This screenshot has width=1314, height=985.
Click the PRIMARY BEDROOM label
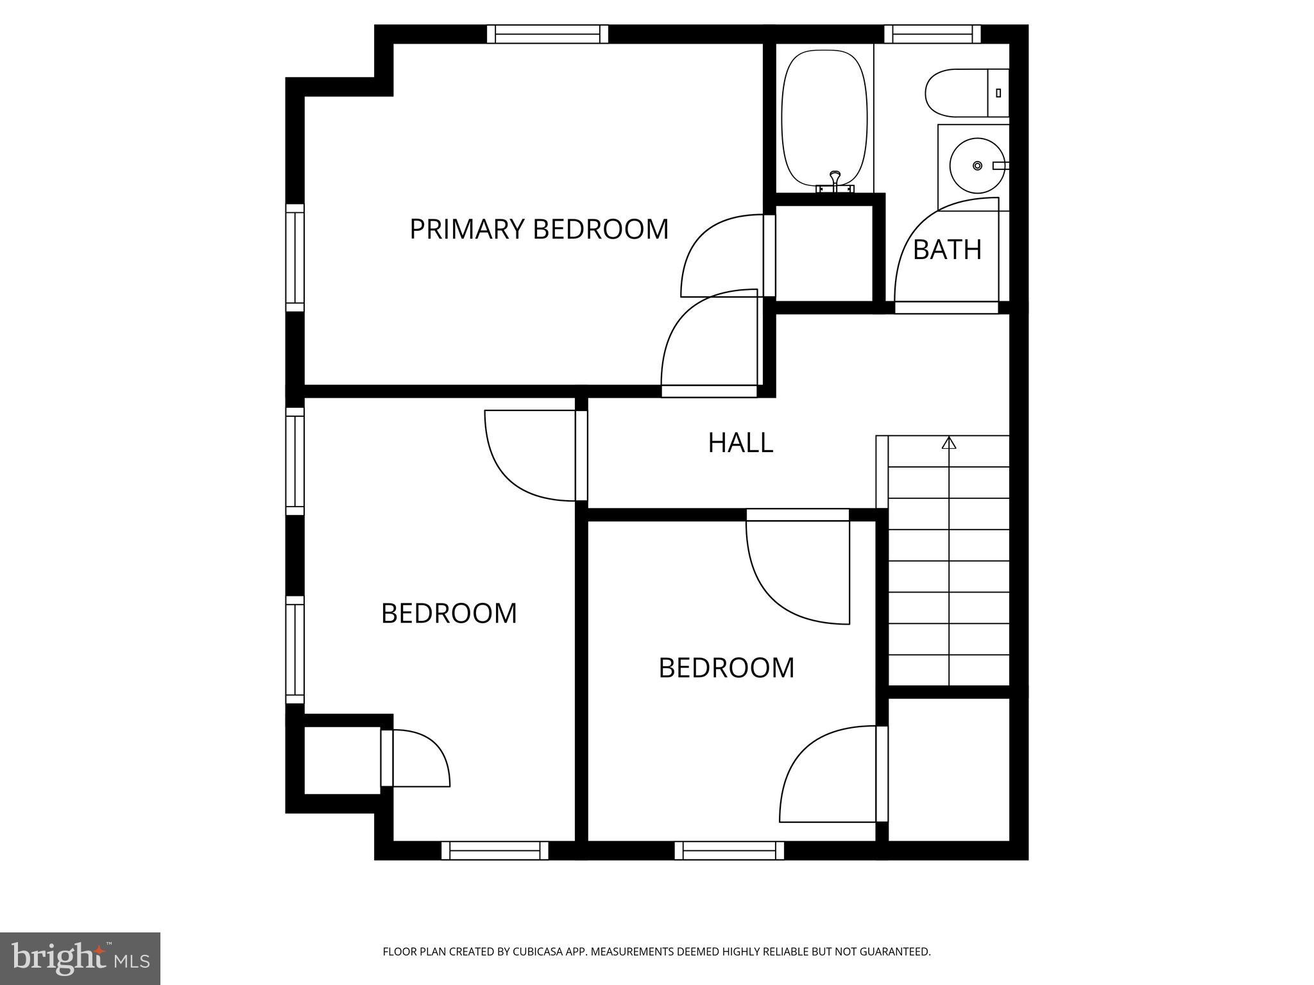click(539, 229)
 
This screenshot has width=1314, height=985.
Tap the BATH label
click(947, 249)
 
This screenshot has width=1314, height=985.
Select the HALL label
click(740, 442)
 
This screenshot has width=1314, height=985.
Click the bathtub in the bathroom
click(824, 119)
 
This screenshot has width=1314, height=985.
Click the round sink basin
click(977, 165)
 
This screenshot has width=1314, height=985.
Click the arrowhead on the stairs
click(949, 442)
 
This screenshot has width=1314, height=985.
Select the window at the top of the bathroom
click(932, 33)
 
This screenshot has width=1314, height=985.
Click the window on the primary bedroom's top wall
click(547, 33)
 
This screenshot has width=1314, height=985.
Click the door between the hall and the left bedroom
click(533, 455)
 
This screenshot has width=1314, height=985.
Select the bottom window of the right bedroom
click(729, 850)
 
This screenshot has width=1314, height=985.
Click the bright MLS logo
click(80, 958)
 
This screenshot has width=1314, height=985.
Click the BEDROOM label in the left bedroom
click(449, 614)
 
